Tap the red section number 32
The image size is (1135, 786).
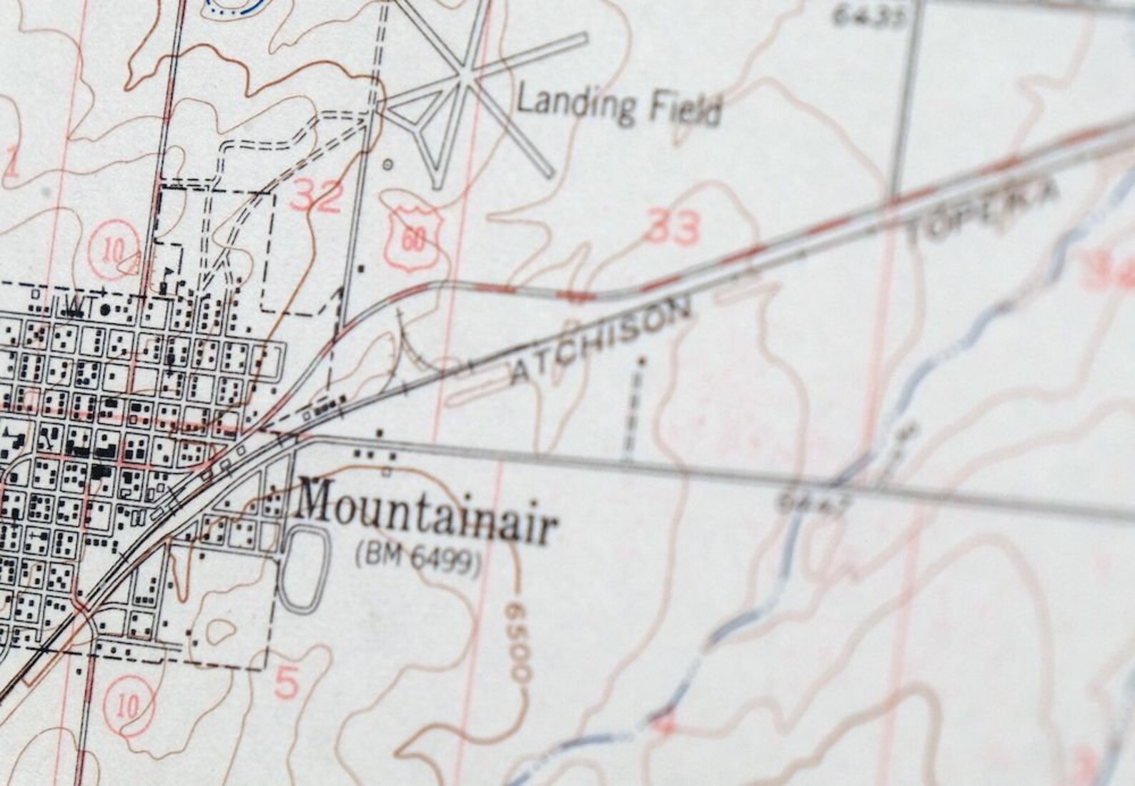(x=317, y=196)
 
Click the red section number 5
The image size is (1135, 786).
(x=286, y=685)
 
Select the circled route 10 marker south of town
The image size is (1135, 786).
(x=127, y=705)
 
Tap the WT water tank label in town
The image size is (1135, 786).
(x=75, y=305)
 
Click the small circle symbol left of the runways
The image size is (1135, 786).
(x=388, y=164)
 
